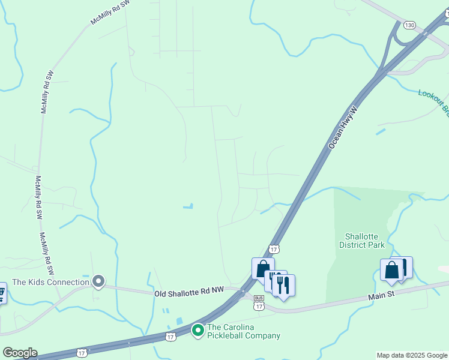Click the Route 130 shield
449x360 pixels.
pyautogui.click(x=409, y=25)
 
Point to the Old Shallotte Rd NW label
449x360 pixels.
pyautogui.click(x=189, y=290)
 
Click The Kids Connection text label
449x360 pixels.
pyautogui.click(x=50, y=282)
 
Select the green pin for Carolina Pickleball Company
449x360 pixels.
pyautogui.click(x=197, y=330)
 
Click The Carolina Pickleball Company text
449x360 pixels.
pyautogui.click(x=243, y=332)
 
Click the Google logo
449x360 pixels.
pyautogui.click(x=20, y=353)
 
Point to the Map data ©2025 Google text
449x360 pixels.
pyautogui.click(x=412, y=355)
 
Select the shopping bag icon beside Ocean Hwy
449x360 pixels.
pyautogui.click(x=263, y=268)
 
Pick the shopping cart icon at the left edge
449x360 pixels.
pyautogui.click(x=1, y=293)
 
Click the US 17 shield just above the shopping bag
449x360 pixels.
pyautogui.click(x=274, y=248)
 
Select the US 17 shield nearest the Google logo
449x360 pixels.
pyautogui.click(x=82, y=353)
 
